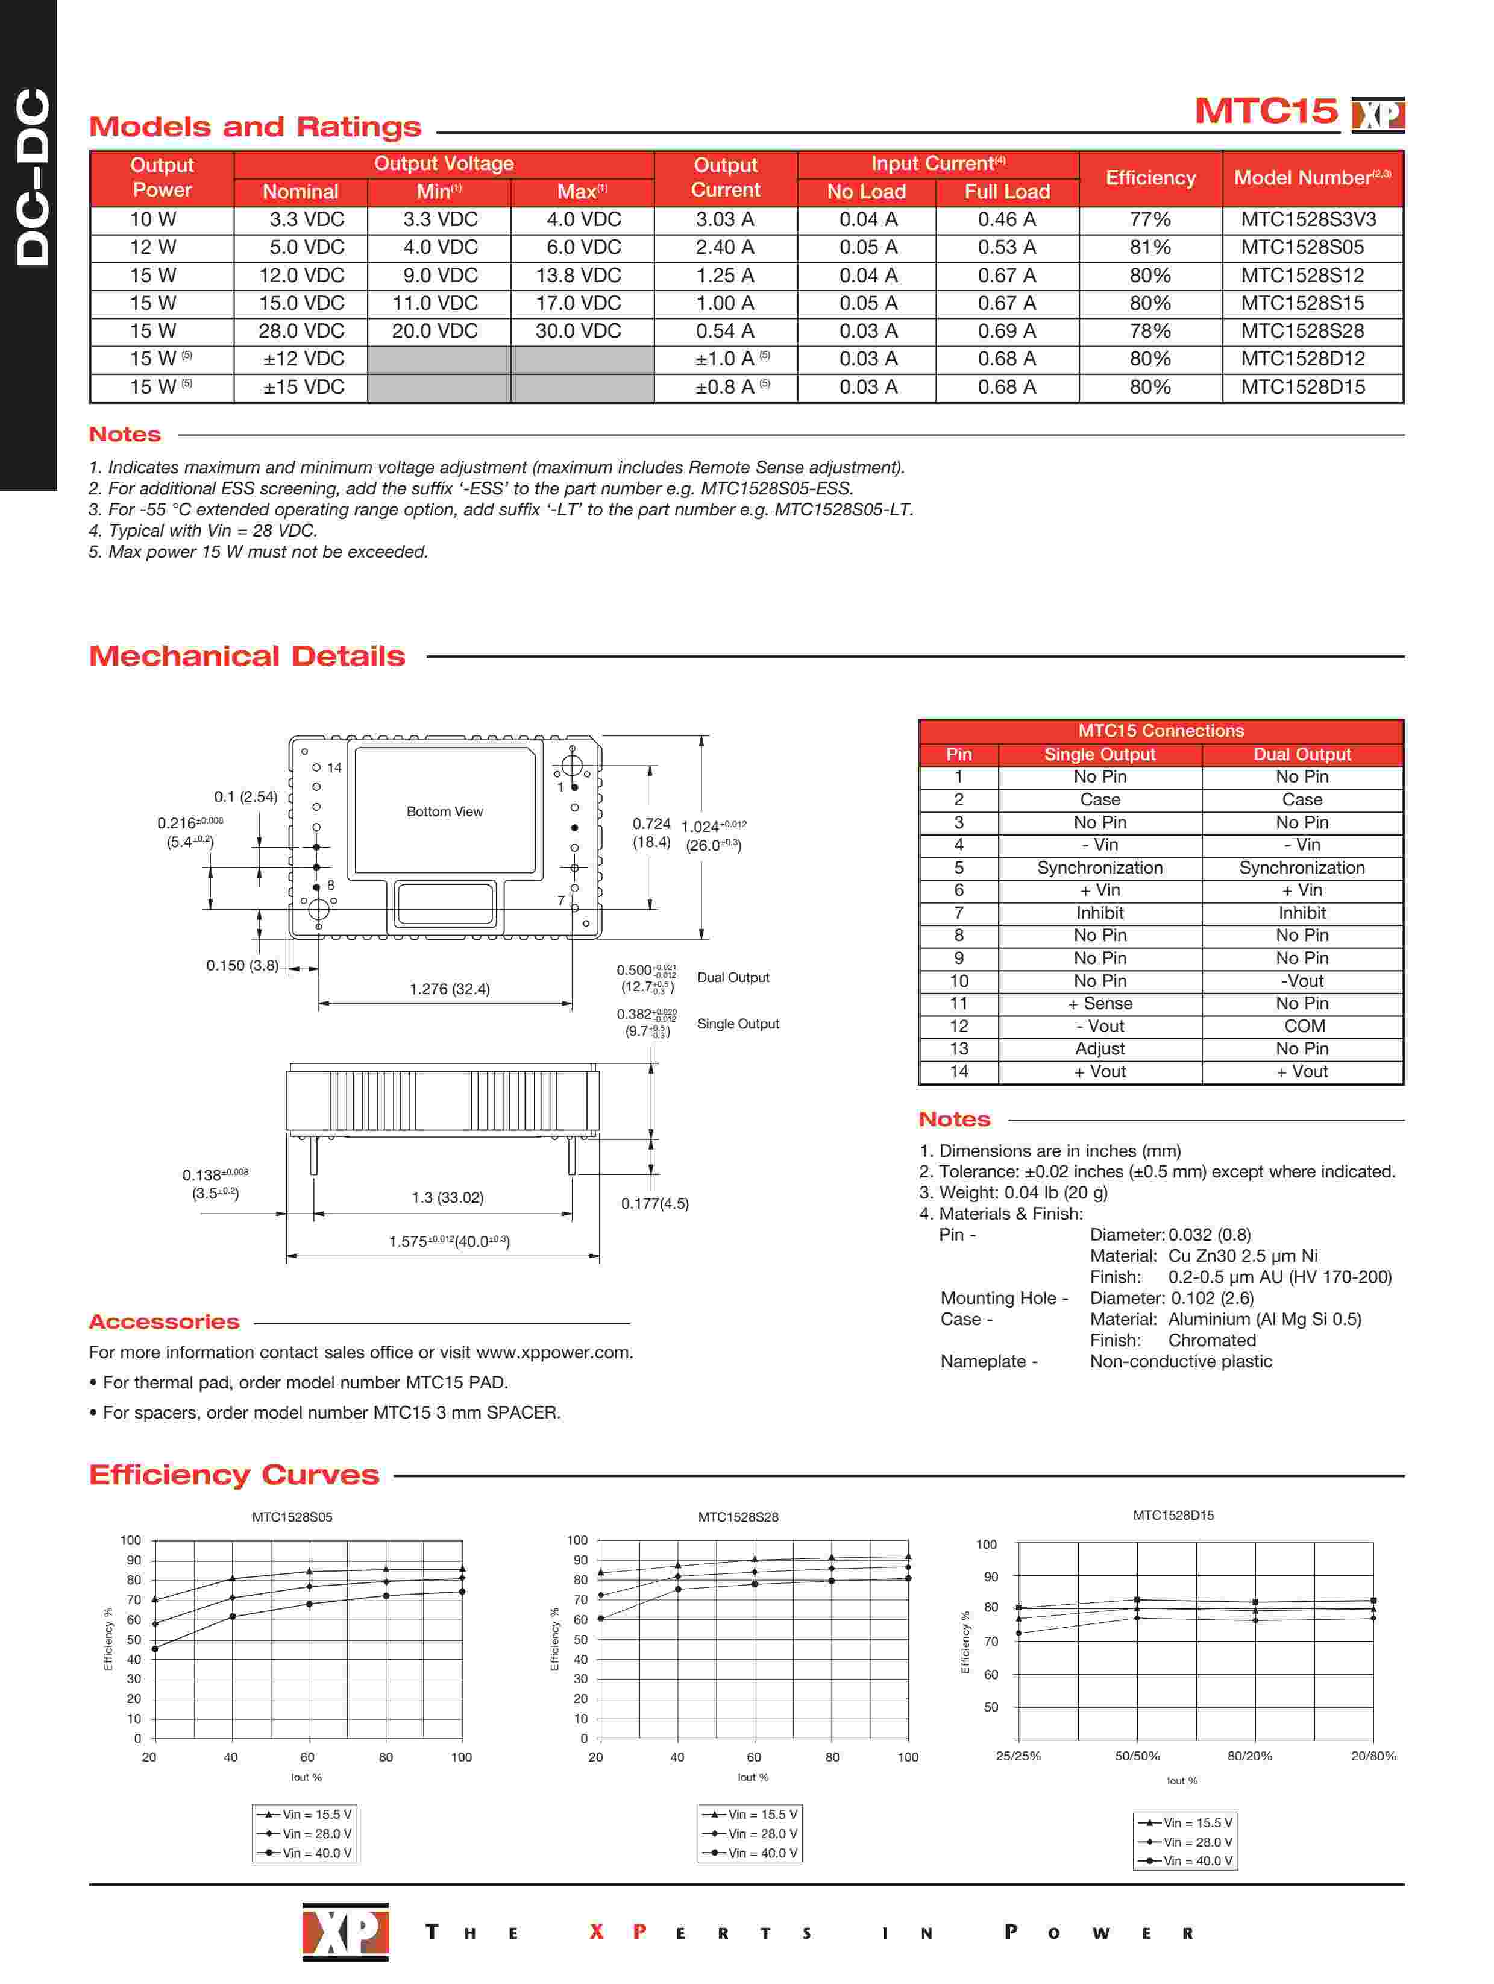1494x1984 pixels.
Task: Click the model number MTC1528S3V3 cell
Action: [1307, 220]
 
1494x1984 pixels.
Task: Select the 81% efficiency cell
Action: [1150, 248]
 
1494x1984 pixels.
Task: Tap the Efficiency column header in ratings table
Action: [1150, 178]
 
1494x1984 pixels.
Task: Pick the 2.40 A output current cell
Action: [724, 248]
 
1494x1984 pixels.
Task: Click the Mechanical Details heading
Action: [246, 657]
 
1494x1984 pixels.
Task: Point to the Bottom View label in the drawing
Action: [444, 811]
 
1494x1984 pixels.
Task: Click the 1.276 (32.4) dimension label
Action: [449, 989]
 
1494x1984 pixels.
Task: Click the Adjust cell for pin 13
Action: [1099, 1048]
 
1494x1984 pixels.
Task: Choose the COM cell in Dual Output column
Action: [1303, 1026]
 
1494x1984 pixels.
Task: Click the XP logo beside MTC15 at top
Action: [1378, 114]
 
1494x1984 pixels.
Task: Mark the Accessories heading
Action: [164, 1322]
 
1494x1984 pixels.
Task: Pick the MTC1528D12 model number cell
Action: [1302, 359]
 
